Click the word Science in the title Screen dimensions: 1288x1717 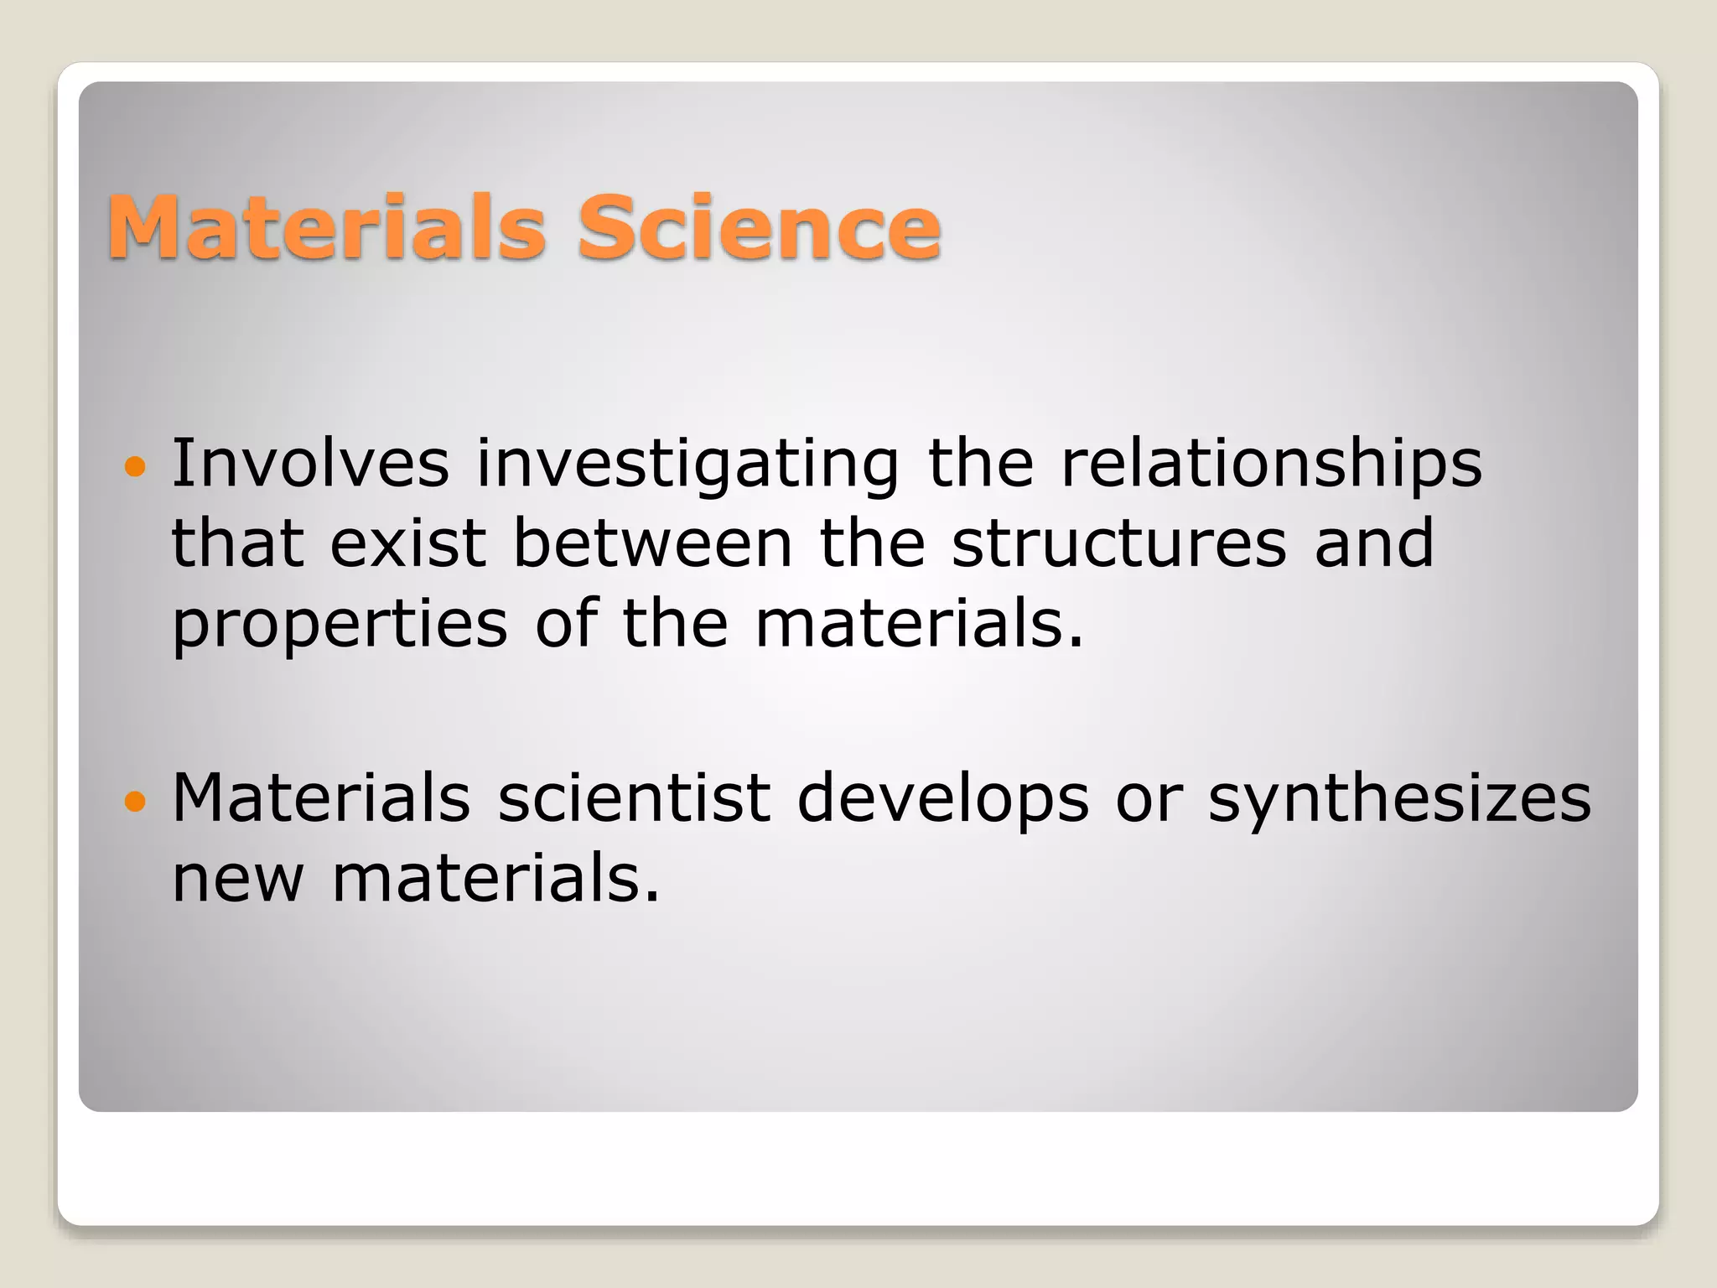tap(759, 227)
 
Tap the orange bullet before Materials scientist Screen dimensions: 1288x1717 tap(134, 802)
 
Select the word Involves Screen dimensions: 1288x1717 tap(310, 464)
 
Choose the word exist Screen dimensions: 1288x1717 tap(407, 543)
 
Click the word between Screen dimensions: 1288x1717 tap(651, 543)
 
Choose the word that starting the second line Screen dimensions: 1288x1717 tap(236, 543)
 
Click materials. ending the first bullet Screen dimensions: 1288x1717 tap(919, 625)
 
